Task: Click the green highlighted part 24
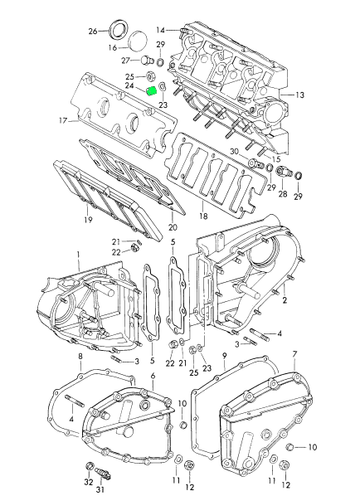pos(152,91)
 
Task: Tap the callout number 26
pos(93,32)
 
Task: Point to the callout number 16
pos(114,48)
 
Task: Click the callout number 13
pos(299,95)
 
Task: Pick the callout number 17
pos(63,120)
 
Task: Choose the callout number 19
pos(88,220)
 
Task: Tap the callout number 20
pos(173,227)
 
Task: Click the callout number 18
pos(203,216)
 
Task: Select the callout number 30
pos(234,152)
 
